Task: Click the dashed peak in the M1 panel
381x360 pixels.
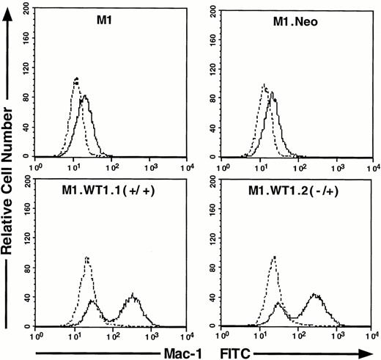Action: (x=75, y=78)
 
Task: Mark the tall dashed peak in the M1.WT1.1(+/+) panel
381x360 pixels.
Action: (x=87, y=257)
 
